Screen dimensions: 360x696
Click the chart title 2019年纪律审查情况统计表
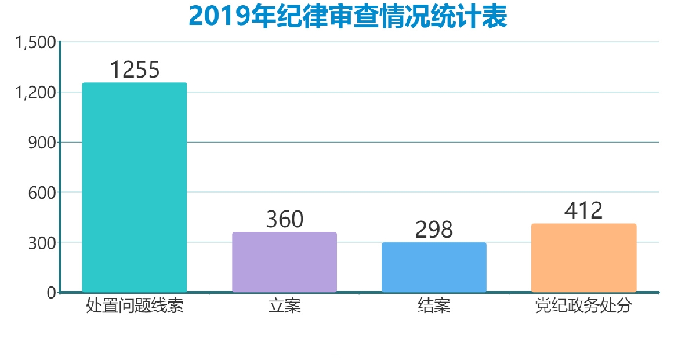click(348, 17)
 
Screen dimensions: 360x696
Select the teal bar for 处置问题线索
click(135, 187)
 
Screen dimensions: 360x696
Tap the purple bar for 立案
click(284, 262)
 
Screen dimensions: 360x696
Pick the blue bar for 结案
click(434, 267)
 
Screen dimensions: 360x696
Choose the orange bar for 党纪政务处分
click(583, 258)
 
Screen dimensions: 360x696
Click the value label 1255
click(135, 70)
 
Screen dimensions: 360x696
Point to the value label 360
click(284, 220)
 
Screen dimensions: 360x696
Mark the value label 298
click(434, 230)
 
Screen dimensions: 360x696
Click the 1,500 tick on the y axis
click(35, 42)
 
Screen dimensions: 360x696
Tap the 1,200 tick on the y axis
click(35, 92)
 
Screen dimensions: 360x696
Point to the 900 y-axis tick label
click(41, 142)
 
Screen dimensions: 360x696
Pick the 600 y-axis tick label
click(41, 192)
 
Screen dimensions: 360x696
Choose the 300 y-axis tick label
click(41, 242)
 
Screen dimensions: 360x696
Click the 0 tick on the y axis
click(51, 292)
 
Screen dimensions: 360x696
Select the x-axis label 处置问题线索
click(135, 306)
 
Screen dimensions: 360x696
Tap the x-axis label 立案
click(284, 306)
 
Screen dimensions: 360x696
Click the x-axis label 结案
click(434, 306)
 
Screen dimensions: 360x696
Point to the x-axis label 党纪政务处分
click(583, 306)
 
